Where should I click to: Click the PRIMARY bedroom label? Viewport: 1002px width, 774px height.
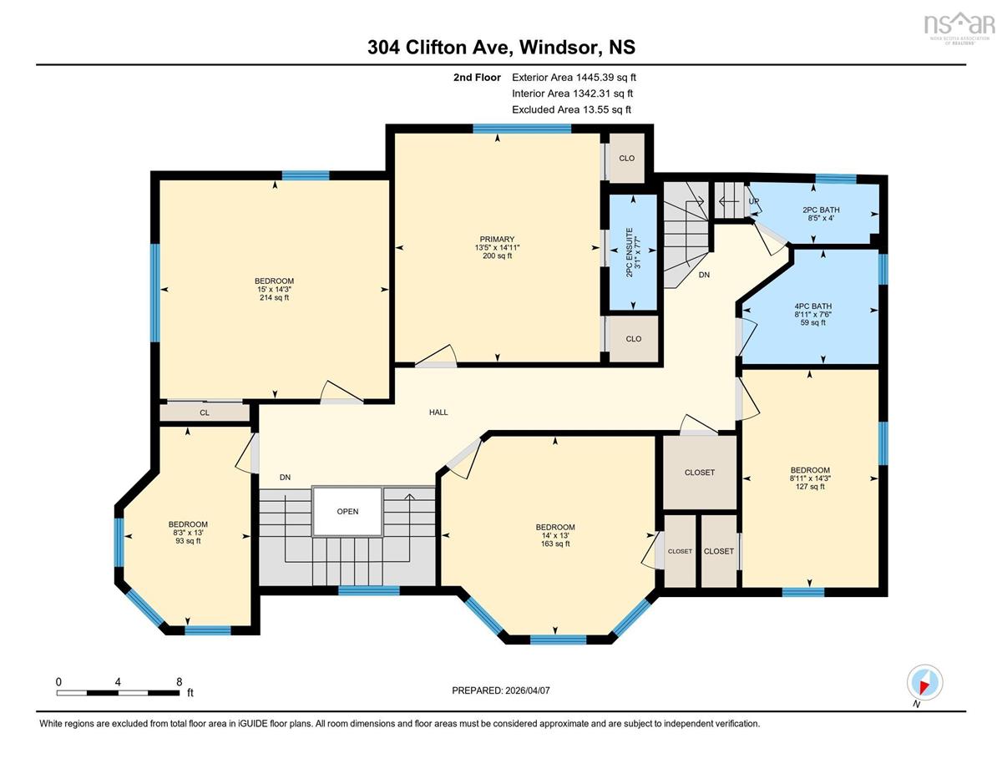497,240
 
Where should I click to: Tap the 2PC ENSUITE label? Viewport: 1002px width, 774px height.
630,252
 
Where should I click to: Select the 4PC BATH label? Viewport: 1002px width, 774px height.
812,306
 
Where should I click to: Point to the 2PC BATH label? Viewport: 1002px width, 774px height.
821,210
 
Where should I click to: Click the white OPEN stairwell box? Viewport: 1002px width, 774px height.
347,511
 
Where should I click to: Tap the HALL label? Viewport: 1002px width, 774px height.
438,412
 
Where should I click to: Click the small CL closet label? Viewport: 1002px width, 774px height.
205,412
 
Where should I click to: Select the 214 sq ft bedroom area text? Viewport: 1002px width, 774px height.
274,298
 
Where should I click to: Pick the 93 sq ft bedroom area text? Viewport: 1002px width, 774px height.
188,541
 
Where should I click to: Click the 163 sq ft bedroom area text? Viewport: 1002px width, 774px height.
555,544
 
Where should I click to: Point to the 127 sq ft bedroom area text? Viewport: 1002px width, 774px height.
810,486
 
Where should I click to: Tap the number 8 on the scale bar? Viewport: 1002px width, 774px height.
179,682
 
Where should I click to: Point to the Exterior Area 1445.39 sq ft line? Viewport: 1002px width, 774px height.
574,78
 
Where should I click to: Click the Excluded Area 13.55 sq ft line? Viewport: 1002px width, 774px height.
571,109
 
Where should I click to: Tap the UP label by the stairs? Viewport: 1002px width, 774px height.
753,201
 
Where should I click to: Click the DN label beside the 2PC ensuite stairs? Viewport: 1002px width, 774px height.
704,275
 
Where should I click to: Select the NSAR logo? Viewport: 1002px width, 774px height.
957,27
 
